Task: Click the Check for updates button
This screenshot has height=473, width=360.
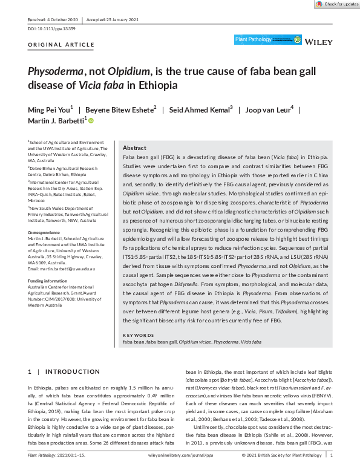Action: tap(336, 4)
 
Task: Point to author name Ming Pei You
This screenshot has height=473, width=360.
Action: tap(50, 109)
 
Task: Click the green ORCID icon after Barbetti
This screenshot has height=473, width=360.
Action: tap(91, 121)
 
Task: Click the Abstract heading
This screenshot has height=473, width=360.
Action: tap(134, 148)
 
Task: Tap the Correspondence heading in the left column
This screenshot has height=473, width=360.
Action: tap(44, 232)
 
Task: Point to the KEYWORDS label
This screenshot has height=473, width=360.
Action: tap(137, 335)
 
